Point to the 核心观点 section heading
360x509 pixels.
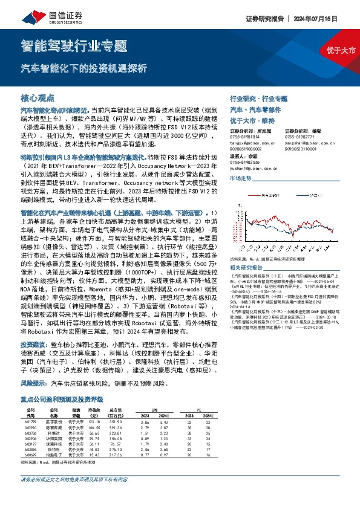[x=38, y=97]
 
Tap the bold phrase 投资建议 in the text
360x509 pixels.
[x=34, y=342]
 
